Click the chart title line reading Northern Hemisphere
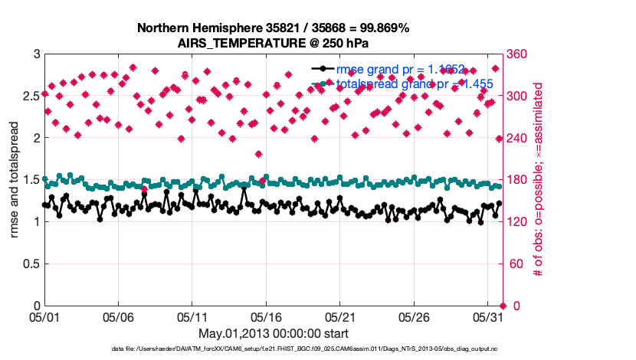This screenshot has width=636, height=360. pyautogui.click(x=274, y=28)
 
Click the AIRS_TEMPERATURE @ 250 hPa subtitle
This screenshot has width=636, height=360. pyautogui.click(x=274, y=42)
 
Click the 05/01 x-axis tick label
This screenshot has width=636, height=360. pyautogui.click(x=44, y=316)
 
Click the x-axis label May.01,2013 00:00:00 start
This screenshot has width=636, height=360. pyautogui.click(x=274, y=333)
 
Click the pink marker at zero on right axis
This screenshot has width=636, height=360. pyautogui.click(x=502, y=306)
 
